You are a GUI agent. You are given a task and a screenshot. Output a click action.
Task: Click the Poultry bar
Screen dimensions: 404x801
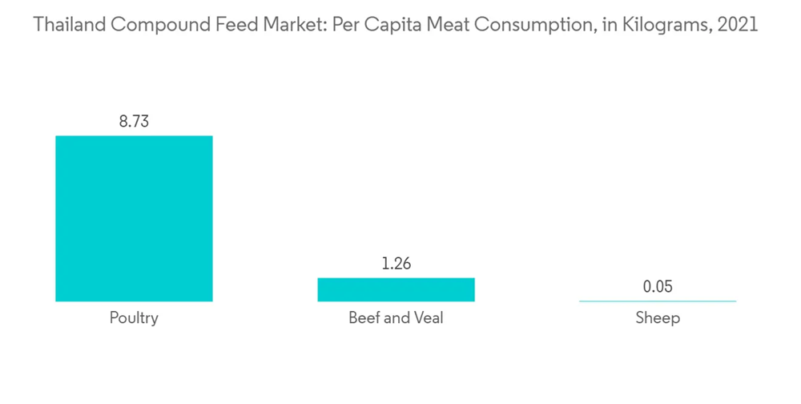(x=134, y=218)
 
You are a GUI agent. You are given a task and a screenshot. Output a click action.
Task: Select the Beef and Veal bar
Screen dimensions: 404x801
(x=396, y=289)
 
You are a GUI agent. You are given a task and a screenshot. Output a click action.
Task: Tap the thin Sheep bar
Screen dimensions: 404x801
(x=657, y=301)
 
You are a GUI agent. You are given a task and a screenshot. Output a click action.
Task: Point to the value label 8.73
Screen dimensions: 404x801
(x=134, y=122)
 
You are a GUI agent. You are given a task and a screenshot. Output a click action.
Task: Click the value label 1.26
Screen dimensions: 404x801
(x=396, y=264)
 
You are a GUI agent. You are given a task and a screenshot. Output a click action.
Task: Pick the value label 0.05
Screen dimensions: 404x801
(x=657, y=287)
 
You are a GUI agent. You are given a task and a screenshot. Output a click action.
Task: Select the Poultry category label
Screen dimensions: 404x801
(x=134, y=318)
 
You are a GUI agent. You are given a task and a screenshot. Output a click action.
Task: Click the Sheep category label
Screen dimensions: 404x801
(x=657, y=318)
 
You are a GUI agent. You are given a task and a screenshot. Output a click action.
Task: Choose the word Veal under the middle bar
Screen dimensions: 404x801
(x=427, y=318)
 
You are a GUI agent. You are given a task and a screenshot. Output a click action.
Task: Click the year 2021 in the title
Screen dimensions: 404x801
(x=738, y=25)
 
